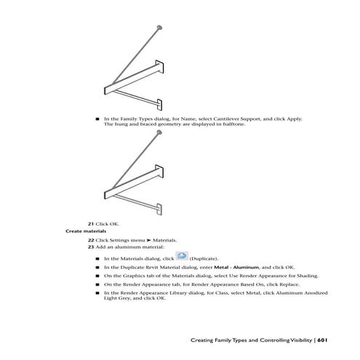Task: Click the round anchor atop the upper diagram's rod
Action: (159, 28)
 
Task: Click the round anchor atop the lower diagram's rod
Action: (159, 132)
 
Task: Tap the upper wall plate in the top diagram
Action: (159, 67)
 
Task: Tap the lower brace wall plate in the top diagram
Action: (159, 105)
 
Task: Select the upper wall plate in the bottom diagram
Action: (159, 171)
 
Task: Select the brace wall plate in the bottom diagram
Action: (159, 209)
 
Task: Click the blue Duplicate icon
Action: (182, 256)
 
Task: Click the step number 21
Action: (91, 224)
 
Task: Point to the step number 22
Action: (91, 240)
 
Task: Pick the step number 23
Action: (91, 247)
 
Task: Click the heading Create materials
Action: (86, 231)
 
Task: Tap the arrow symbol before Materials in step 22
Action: (148, 240)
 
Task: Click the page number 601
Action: (322, 340)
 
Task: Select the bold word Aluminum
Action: (246, 268)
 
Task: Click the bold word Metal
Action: (221, 268)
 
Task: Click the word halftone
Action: (234, 124)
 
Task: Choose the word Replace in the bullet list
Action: (289, 284)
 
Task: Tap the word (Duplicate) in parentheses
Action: (204, 259)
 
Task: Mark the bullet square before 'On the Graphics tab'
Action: (97, 276)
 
